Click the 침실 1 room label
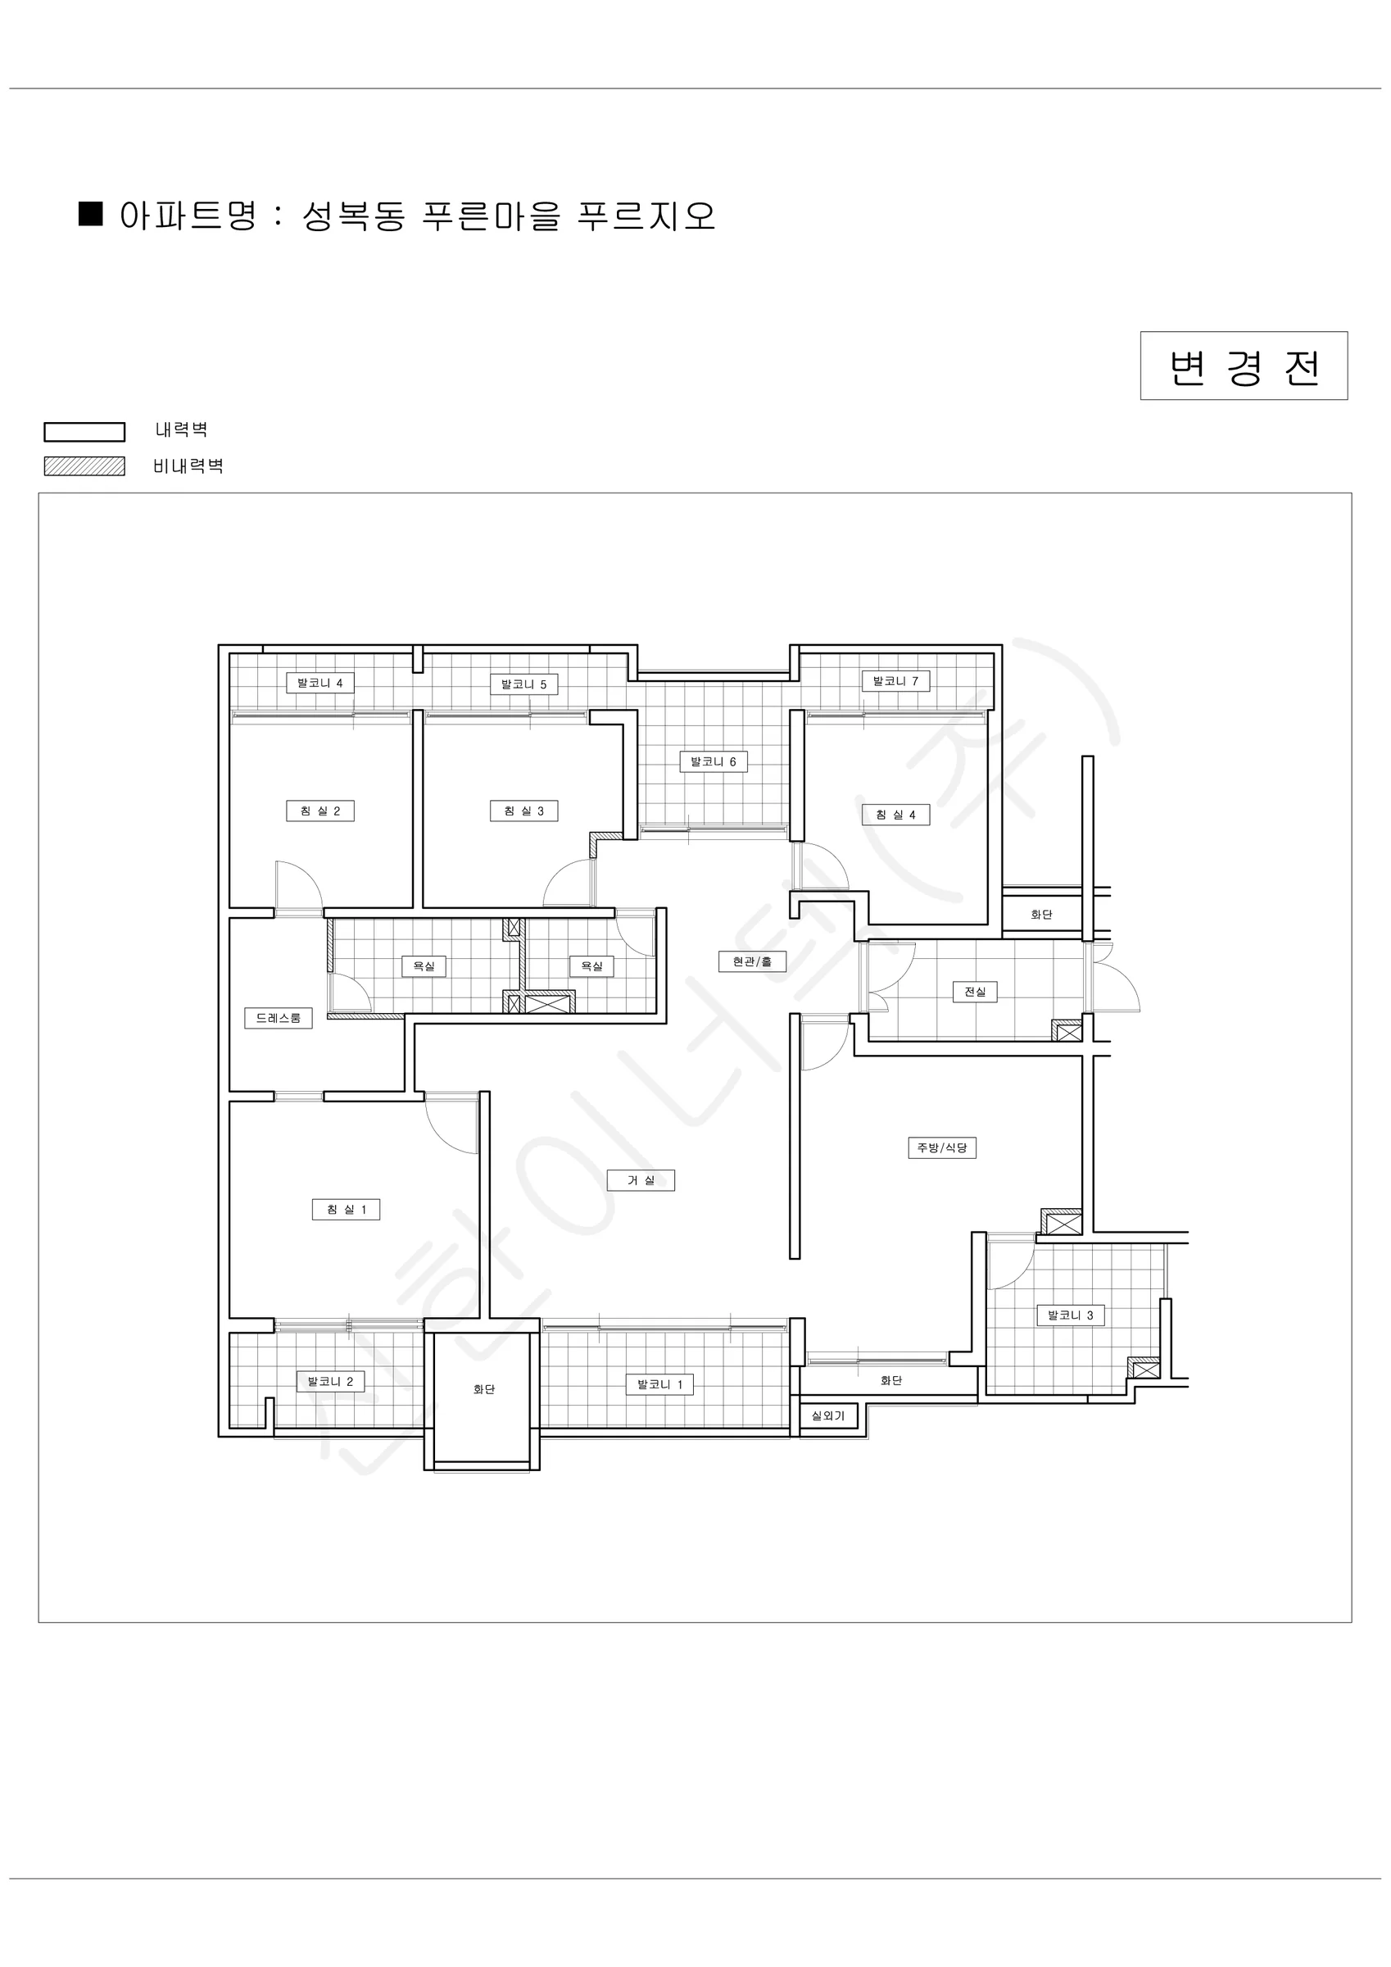coord(346,1210)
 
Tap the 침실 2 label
coord(320,811)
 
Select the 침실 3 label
coord(524,811)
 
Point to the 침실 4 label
coord(896,815)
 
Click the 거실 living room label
coord(641,1180)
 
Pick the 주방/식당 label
coord(942,1148)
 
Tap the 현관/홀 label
coord(752,962)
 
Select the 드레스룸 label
coord(279,1019)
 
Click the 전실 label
coord(975,992)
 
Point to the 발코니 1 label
coord(659,1384)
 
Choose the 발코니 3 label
coord(1071,1315)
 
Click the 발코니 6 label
coord(714,761)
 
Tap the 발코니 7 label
coord(896,682)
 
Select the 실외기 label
coord(828,1416)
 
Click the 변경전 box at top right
coord(1244,366)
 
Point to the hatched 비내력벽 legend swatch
coord(85,466)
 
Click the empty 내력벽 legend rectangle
coord(85,432)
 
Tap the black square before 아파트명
coord(91,213)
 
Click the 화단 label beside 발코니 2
coord(484,1389)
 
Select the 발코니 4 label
coord(320,684)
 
